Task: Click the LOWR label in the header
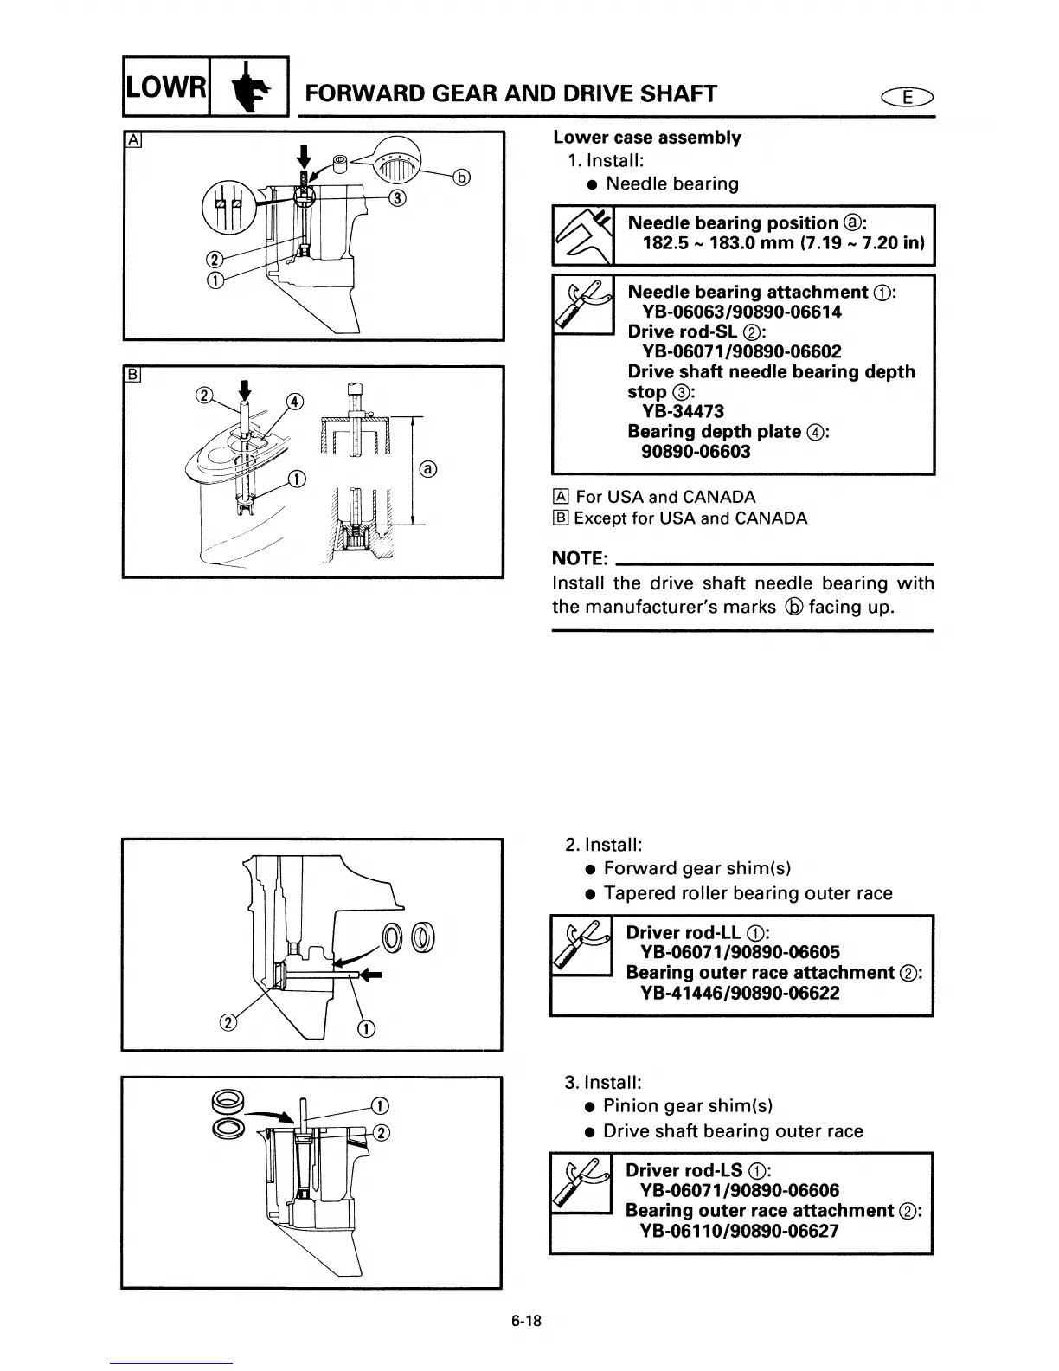(165, 87)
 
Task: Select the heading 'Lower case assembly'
(646, 138)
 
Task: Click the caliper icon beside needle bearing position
(582, 235)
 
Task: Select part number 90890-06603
(696, 452)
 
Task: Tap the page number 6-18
(525, 1322)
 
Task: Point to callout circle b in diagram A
(463, 178)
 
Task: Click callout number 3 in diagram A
(397, 198)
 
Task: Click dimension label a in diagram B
(427, 470)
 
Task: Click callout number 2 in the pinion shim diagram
(382, 1131)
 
